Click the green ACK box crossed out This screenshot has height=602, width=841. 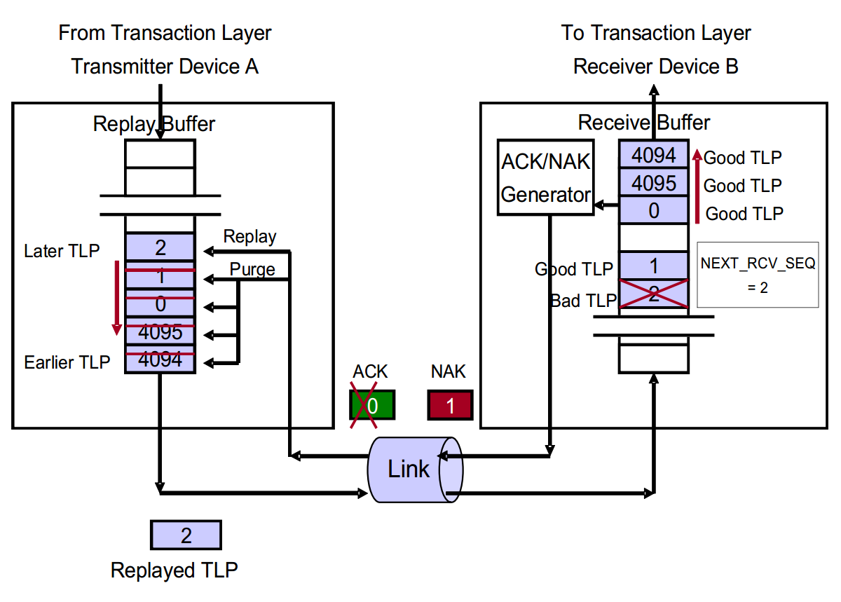(372, 405)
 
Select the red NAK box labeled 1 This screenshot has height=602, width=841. (450, 405)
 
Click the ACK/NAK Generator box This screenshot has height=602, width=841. (545, 177)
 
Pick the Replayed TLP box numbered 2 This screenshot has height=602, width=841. (186, 535)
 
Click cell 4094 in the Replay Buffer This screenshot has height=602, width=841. (160, 360)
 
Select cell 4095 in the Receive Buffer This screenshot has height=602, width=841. (654, 183)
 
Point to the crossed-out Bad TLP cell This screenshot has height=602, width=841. (654, 294)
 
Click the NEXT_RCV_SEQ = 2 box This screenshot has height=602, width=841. (758, 275)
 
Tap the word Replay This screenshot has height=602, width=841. (249, 237)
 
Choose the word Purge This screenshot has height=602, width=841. (252, 269)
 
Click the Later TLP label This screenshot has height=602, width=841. (62, 250)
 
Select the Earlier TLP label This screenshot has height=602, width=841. (67, 362)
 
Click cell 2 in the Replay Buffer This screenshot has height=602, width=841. (160, 247)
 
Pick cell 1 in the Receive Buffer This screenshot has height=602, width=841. (654, 266)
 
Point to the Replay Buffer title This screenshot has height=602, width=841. (154, 124)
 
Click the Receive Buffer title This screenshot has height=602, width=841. (643, 123)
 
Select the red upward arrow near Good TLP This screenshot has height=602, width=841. (697, 186)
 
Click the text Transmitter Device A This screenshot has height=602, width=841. (165, 67)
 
